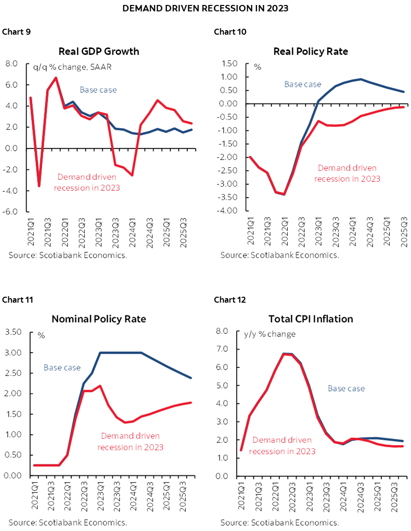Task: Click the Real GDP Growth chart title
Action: (x=99, y=52)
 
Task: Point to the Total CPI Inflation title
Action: (x=310, y=319)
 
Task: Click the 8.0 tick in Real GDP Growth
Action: (x=11, y=64)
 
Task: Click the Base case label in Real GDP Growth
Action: (x=98, y=90)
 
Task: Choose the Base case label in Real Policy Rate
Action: (x=303, y=84)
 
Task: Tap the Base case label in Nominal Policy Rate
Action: (x=62, y=368)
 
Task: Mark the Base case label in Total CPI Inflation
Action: (x=346, y=388)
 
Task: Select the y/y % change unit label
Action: (x=269, y=334)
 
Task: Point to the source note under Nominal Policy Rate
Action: (x=67, y=522)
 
